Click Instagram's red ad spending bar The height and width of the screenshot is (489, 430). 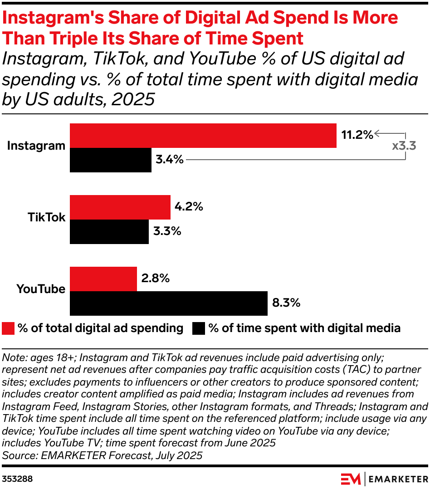pyautogui.click(x=203, y=135)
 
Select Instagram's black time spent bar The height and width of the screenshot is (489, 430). pyautogui.click(x=110, y=160)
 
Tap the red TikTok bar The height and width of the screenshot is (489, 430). pyautogui.click(x=120, y=207)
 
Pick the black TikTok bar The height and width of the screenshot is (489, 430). pyautogui.click(x=109, y=232)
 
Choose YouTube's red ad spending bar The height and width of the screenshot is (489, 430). pyautogui.click(x=103, y=279)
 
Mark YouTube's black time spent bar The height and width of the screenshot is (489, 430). pyautogui.click(x=168, y=303)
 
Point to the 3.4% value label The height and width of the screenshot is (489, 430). pyautogui.click(x=169, y=160)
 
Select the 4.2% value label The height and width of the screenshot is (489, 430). pyautogui.click(x=188, y=207)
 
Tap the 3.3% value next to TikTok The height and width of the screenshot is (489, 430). pyautogui.click(x=166, y=231)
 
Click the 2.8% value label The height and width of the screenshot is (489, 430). pyautogui.click(x=155, y=279)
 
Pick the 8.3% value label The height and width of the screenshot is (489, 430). pyautogui.click(x=286, y=303)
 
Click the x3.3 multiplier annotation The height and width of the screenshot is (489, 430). pyautogui.click(x=404, y=147)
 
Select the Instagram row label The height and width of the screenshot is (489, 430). pyautogui.click(x=36, y=146)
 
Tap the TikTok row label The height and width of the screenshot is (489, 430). pyautogui.click(x=46, y=217)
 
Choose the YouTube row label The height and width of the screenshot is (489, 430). pyautogui.click(x=41, y=289)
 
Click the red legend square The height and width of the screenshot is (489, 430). pyautogui.click(x=8, y=328)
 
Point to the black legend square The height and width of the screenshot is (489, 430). pyautogui.click(x=199, y=328)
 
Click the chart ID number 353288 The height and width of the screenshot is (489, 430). pyautogui.click(x=17, y=479)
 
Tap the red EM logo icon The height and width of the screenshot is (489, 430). pyautogui.click(x=350, y=479)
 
